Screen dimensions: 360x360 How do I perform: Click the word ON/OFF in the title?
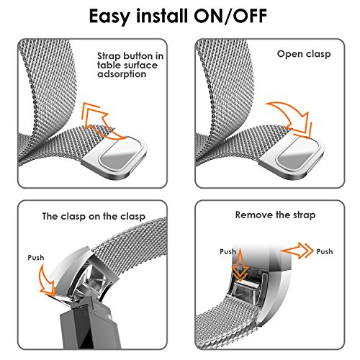coord(230,16)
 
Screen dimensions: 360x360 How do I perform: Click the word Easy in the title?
coord(109,17)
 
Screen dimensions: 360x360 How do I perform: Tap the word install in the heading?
coord(162,16)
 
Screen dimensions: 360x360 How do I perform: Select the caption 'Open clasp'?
coord(304,54)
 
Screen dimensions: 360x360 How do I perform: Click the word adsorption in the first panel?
coord(122,74)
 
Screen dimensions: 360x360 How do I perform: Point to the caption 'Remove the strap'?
coord(275,215)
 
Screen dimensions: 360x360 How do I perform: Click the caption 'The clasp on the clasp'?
coord(94,217)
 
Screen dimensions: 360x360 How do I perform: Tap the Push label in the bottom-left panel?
coord(36,258)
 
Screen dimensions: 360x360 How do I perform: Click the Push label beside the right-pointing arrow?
coord(325,251)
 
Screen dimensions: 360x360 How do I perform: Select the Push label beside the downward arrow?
coord(228,251)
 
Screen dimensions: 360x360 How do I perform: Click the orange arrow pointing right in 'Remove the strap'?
coord(297,251)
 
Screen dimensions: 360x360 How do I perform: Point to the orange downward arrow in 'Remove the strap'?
coord(240,265)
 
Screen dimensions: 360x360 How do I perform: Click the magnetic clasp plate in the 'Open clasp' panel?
coord(292,157)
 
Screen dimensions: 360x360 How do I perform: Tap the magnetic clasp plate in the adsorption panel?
coord(114,157)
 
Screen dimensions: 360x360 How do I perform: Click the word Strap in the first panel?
coord(109,57)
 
